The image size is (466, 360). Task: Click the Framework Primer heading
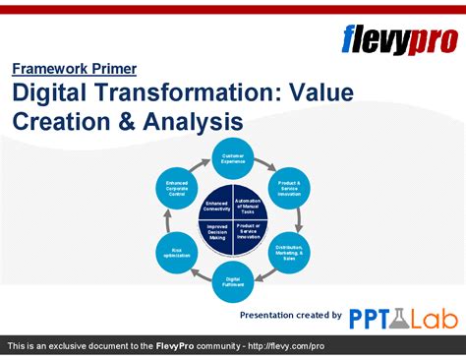click(74, 69)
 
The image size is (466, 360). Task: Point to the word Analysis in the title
click(193, 123)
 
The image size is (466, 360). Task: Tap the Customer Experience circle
click(233, 159)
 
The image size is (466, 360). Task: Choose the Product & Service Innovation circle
click(288, 188)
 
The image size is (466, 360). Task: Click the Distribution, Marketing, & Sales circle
click(288, 253)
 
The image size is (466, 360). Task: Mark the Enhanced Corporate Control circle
click(178, 188)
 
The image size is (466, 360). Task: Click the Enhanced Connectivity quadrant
click(217, 206)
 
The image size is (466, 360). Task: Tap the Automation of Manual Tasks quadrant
click(249, 206)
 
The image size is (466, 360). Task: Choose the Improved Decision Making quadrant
click(217, 233)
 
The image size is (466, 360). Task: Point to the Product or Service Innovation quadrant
click(249, 233)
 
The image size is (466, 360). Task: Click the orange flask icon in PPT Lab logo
click(399, 317)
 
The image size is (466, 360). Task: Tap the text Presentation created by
click(291, 315)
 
